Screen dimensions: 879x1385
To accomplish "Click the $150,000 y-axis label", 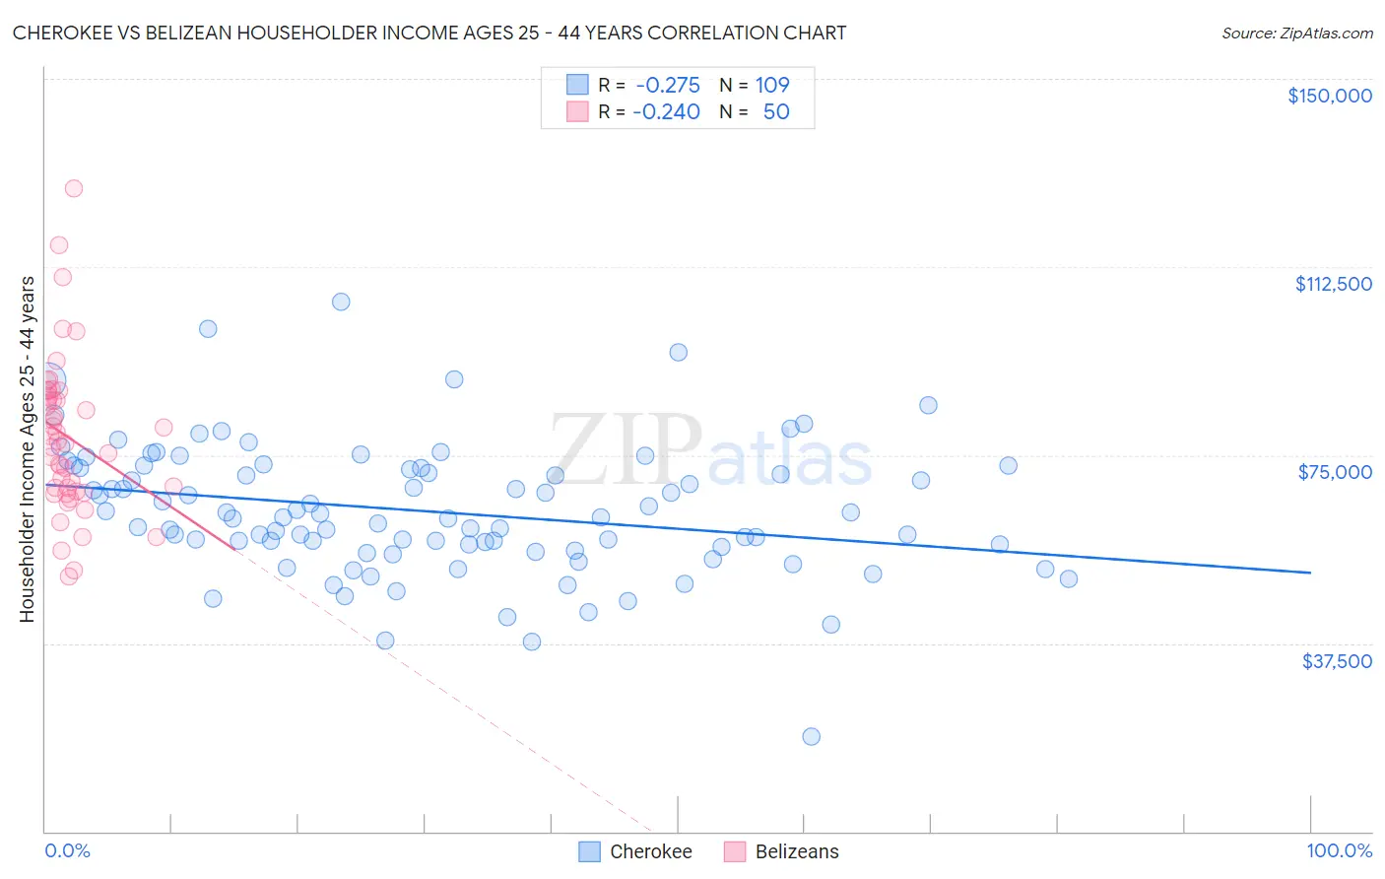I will [1329, 96].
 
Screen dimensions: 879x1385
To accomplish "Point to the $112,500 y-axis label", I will [1333, 284].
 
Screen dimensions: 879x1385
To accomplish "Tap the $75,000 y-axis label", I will [1335, 472].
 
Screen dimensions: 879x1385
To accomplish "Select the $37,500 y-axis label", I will [1337, 661].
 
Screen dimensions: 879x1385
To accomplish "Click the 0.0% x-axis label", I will [67, 850].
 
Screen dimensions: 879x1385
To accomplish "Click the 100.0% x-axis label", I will [1339, 850].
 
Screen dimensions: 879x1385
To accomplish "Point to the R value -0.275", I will [668, 86].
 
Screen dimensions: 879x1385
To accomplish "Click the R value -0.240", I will [666, 112].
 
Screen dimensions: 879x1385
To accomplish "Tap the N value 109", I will [772, 86].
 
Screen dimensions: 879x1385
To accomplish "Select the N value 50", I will [776, 112].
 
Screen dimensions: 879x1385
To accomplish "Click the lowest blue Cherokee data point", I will [811, 736].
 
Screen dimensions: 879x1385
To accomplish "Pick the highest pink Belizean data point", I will [73, 188].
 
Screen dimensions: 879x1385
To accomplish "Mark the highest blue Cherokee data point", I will [341, 302].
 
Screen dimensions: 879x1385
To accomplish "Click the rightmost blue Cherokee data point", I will [1069, 578].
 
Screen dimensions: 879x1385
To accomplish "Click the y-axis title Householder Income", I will [27, 448].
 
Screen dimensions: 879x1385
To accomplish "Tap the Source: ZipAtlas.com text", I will [1296, 33].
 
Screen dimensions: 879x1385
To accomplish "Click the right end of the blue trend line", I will [1310, 573].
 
